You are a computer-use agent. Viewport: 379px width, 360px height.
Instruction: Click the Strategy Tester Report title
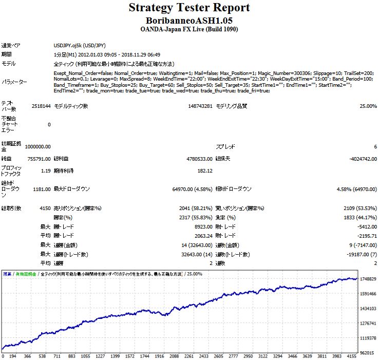[189, 8]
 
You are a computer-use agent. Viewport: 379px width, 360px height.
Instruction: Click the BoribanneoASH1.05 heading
[189, 20]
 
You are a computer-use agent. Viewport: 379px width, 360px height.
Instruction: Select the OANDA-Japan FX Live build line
[189, 29]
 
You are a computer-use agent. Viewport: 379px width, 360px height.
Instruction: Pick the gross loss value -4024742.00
[359, 159]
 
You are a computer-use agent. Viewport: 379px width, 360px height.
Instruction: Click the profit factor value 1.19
[45, 171]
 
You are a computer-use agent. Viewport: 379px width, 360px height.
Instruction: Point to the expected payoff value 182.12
[204, 171]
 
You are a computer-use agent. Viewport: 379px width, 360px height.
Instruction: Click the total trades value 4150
[44, 208]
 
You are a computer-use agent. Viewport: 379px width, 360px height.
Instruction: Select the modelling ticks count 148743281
[200, 106]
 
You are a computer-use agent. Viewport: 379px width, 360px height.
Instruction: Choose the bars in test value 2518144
[41, 106]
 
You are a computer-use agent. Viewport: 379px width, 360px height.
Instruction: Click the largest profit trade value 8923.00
[204, 226]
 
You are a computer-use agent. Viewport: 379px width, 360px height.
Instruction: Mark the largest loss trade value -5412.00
[366, 226]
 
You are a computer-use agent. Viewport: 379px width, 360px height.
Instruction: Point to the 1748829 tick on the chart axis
[368, 279]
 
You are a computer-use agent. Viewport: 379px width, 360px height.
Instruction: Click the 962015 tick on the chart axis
[368, 353]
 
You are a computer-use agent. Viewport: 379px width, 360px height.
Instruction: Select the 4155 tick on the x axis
[352, 356]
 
